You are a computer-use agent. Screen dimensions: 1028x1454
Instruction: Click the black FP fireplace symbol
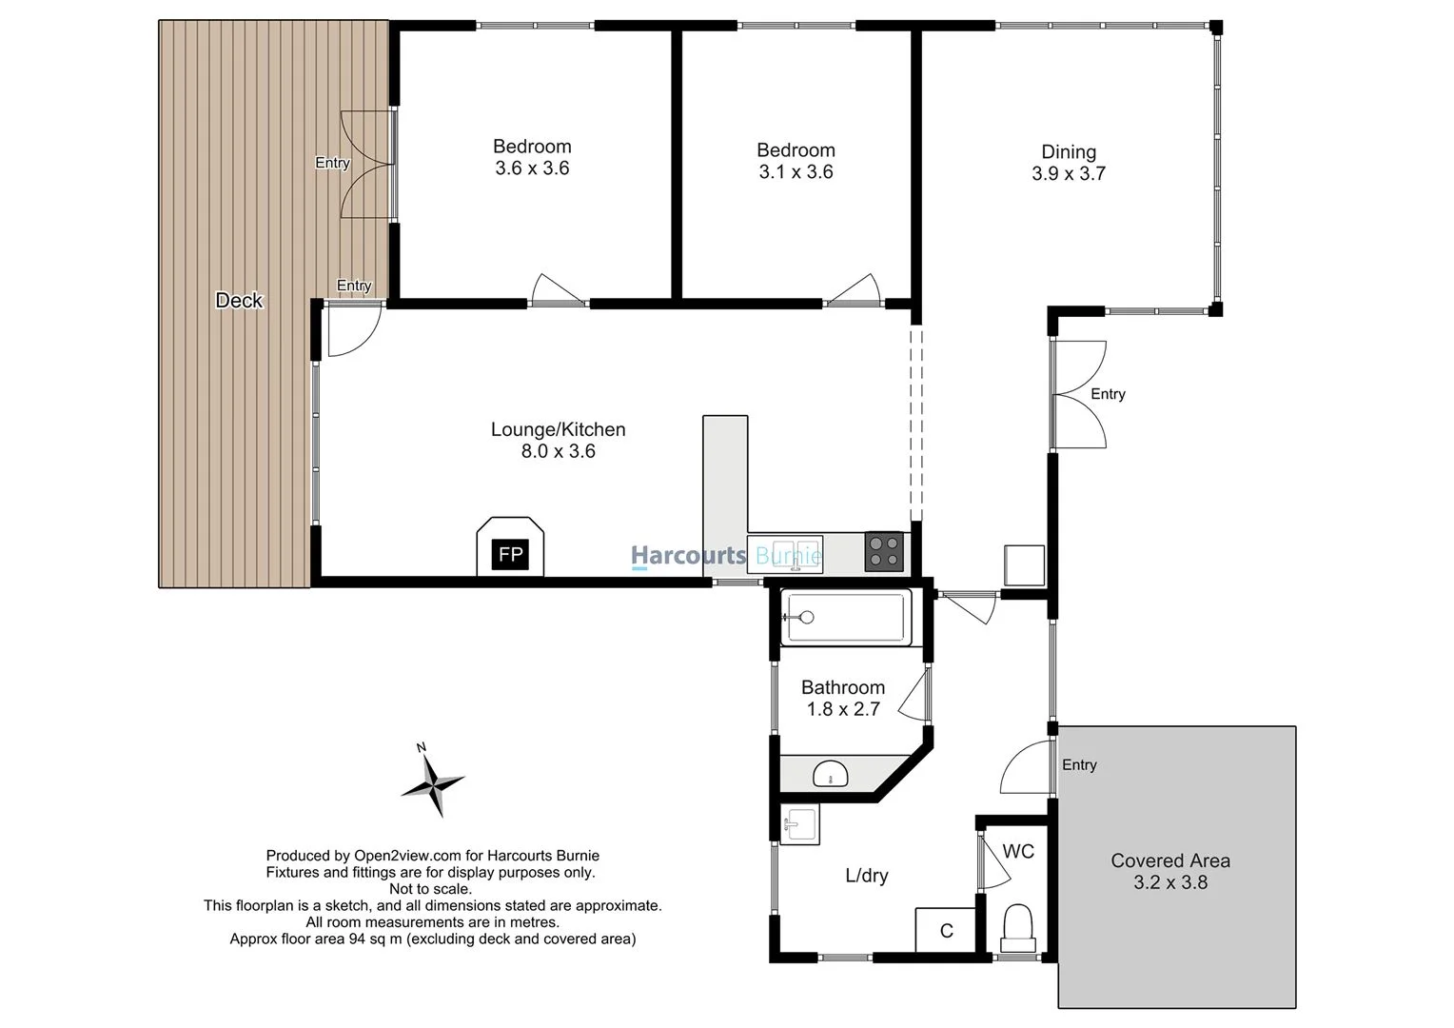click(510, 554)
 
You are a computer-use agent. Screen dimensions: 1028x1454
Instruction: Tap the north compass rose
click(434, 783)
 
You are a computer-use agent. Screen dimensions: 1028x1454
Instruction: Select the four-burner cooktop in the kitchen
click(884, 551)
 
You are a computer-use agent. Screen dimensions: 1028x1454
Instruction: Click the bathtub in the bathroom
click(845, 617)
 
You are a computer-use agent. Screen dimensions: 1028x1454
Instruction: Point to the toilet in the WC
click(1017, 927)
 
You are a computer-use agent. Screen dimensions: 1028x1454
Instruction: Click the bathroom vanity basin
click(831, 773)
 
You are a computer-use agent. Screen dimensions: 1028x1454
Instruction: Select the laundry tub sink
click(799, 824)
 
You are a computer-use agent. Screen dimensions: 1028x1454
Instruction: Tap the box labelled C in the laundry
click(946, 930)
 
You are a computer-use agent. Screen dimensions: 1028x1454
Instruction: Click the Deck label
click(239, 301)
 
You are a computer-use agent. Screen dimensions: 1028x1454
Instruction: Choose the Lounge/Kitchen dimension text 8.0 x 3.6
click(558, 451)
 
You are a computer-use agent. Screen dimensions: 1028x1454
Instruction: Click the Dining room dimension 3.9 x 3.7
click(1068, 174)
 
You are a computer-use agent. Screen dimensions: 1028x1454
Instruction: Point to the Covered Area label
click(1169, 860)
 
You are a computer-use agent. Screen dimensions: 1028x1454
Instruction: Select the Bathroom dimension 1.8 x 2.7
click(842, 709)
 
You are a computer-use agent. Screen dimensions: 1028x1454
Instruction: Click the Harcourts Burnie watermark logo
click(726, 556)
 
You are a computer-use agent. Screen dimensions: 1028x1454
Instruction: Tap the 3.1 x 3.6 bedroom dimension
click(796, 172)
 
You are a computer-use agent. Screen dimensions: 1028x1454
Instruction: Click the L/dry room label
click(866, 876)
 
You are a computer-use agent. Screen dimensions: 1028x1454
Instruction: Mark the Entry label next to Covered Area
click(1079, 765)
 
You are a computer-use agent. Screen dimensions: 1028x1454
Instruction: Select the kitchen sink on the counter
click(784, 553)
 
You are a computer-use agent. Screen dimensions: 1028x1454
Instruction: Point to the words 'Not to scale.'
click(430, 889)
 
